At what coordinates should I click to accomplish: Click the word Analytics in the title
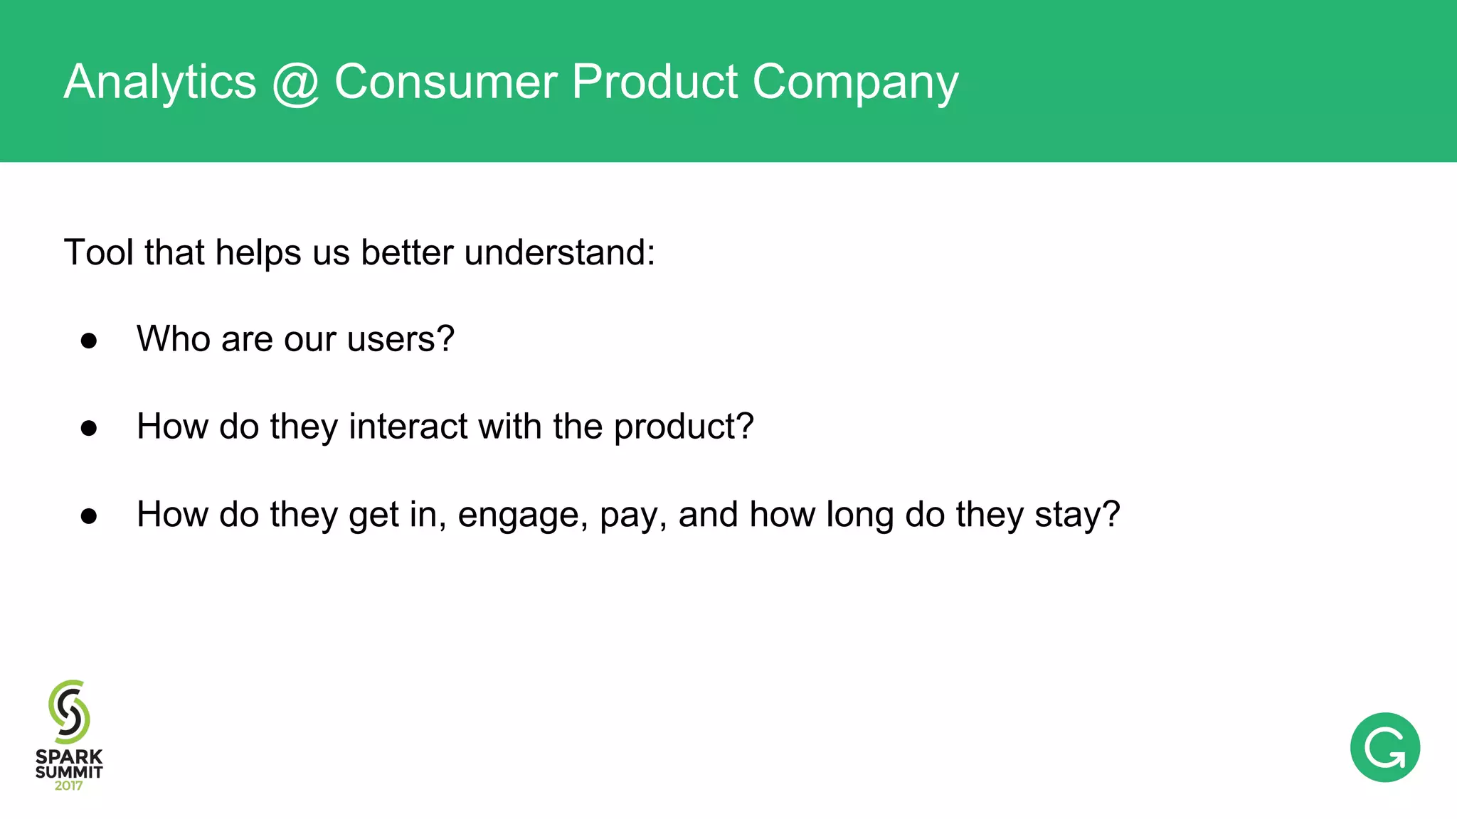159,82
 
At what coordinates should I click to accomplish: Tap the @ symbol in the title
295,82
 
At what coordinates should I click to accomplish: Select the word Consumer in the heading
445,82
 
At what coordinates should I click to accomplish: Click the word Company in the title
855,84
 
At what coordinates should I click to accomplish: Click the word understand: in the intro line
559,252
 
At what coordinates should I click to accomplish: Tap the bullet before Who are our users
89,341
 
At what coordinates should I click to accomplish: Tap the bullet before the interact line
89,428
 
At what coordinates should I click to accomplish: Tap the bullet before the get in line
89,516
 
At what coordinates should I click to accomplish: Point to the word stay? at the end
1077,515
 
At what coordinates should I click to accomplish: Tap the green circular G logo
1384,747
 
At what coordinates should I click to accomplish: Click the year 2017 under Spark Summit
68,786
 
